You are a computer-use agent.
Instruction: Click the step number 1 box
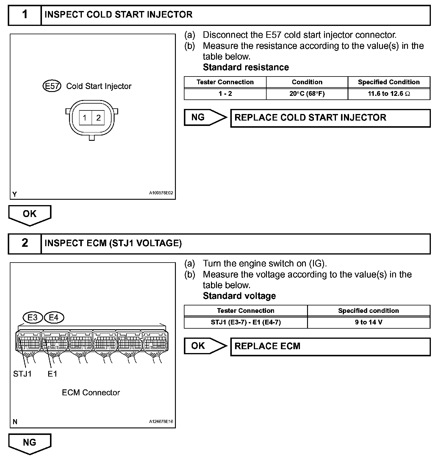pos(25,15)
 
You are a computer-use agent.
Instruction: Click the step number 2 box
pos(25,243)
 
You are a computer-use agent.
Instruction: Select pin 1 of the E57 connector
pos(85,118)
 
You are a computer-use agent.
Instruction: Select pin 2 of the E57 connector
pos(98,118)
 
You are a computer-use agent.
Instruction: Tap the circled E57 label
pos(52,86)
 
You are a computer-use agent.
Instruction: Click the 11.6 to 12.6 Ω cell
pos(389,94)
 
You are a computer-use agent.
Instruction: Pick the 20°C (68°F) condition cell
pos(307,94)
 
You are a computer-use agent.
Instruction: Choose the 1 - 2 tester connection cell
pos(225,94)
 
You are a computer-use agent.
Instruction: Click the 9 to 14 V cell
pos(368,322)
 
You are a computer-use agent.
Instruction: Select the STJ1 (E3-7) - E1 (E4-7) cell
pos(245,322)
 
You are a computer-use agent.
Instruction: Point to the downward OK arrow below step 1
pos(30,214)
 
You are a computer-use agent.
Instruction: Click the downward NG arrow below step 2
pos(30,443)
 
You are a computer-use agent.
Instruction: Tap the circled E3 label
pos(32,318)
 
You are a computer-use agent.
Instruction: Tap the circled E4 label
pos(54,318)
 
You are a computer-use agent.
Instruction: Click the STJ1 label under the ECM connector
pos(22,374)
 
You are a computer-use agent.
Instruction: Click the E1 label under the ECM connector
pos(52,374)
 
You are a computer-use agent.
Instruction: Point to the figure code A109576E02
pos(161,193)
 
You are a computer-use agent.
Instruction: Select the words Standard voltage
pos(239,296)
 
